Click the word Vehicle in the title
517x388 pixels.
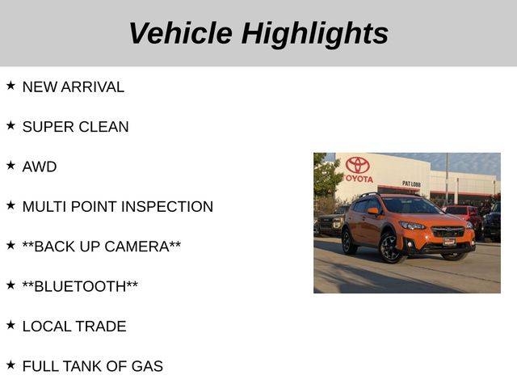181,33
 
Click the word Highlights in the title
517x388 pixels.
315,35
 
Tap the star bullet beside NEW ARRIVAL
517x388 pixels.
11,86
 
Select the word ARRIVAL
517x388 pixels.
93,87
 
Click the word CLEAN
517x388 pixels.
103,127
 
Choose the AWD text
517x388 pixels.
40,167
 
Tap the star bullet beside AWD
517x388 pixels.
11,165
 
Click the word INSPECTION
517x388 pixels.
167,207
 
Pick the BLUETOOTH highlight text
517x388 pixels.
80,286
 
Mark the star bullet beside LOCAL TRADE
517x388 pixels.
11,325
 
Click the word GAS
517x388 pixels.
147,366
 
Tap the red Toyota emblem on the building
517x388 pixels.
357,165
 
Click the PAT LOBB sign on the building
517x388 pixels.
411,183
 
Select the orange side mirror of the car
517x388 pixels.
372,211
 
